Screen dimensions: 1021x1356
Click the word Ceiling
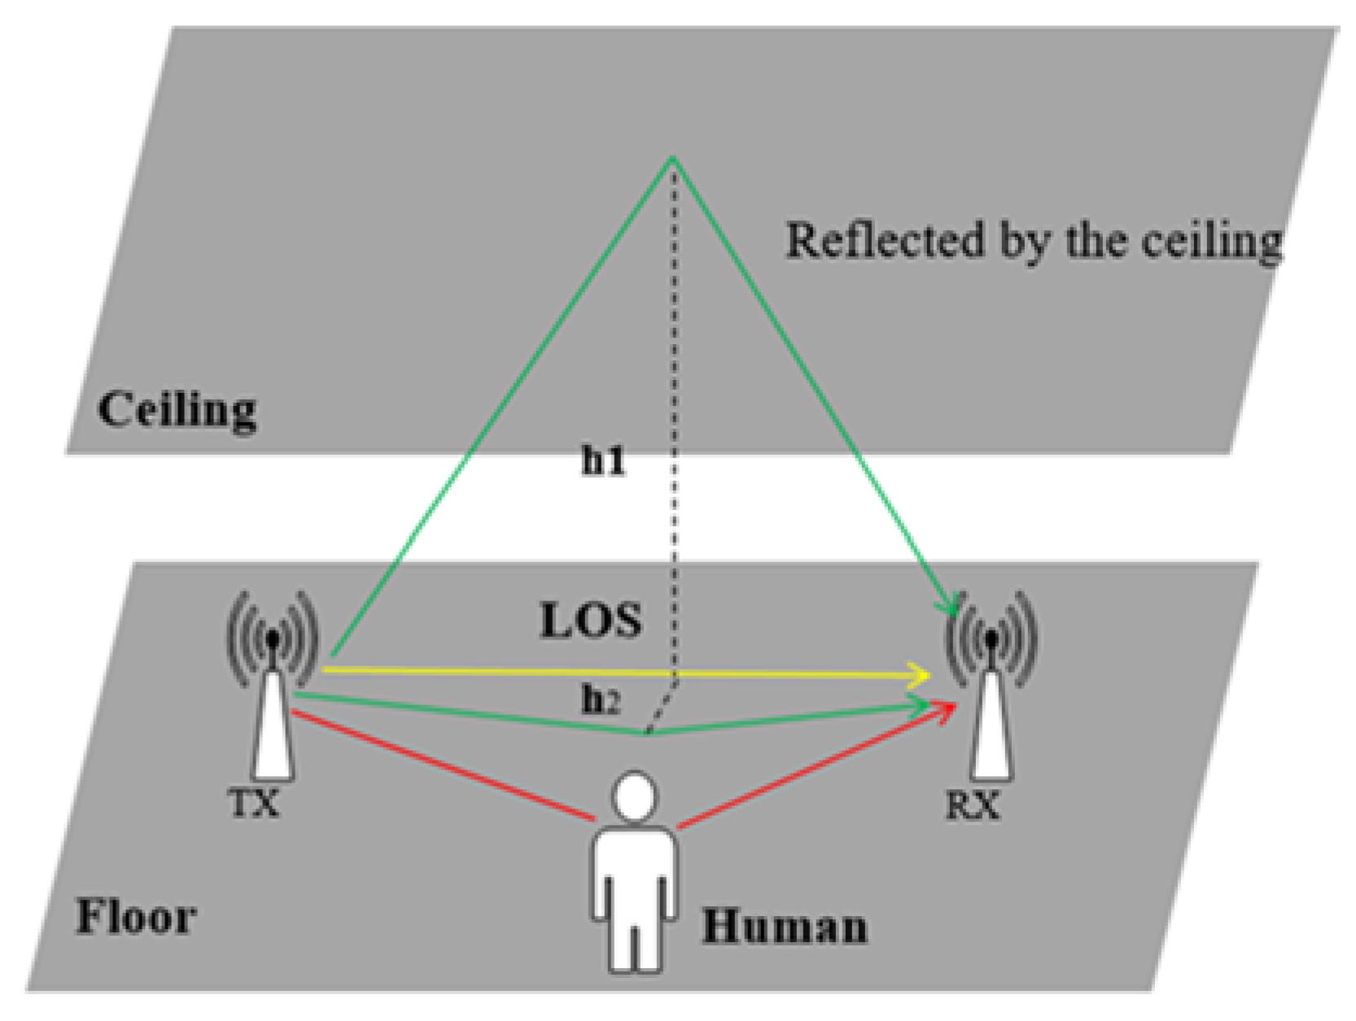pos(177,409)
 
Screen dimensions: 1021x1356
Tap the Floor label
pos(136,917)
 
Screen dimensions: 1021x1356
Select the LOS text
pos(591,622)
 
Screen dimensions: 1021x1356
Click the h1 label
pos(603,461)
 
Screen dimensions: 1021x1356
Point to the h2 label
pos(601,700)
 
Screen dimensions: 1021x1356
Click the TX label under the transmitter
pos(254,805)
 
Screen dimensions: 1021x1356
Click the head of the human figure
pos(634,796)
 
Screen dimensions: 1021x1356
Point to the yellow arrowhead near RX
pos(921,675)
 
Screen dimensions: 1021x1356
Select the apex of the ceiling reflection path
pos(673,158)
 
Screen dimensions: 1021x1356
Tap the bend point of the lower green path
pos(647,733)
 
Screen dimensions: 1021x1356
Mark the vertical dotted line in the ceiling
pos(674,309)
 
